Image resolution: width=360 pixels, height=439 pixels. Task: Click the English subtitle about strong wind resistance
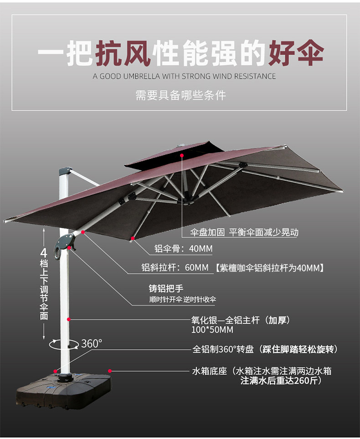click(184, 76)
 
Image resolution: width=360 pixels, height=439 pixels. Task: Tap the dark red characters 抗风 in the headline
click(123, 53)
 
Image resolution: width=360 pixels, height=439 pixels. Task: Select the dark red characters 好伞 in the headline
click(296, 53)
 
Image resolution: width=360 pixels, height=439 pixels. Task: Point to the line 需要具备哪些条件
click(181, 96)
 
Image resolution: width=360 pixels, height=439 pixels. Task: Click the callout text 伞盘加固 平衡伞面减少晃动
click(244, 232)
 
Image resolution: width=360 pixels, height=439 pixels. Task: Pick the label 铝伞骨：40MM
click(183, 248)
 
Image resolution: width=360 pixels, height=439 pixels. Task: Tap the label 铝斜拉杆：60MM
click(175, 268)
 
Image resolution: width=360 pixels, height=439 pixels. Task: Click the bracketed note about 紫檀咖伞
click(269, 268)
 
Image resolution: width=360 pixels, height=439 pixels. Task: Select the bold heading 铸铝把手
click(166, 288)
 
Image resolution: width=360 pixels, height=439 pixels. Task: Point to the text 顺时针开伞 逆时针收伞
click(182, 300)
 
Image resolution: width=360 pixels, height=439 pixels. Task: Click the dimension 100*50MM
click(212, 330)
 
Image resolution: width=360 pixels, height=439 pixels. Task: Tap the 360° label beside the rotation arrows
click(92, 343)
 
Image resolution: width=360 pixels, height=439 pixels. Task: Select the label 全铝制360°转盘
click(223, 349)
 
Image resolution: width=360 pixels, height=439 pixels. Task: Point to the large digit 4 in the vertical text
click(44, 253)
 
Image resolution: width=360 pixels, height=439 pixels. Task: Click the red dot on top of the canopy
click(182, 155)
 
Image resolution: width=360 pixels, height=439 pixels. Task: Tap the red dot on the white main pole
click(69, 319)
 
